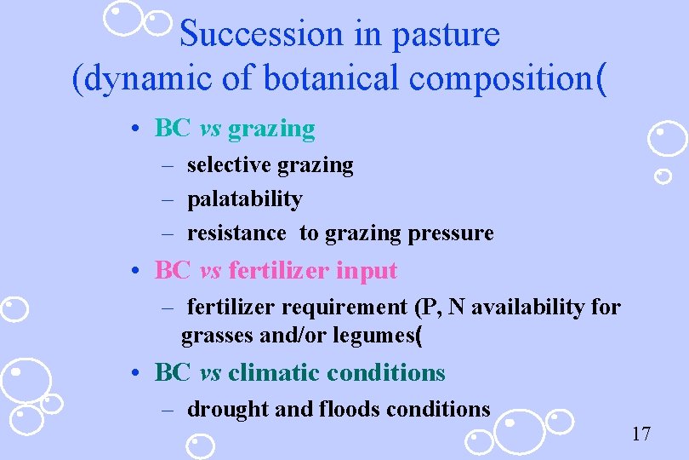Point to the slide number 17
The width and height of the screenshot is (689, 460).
click(x=641, y=434)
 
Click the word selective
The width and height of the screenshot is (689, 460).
click(x=226, y=164)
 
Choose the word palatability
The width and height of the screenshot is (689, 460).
click(x=244, y=199)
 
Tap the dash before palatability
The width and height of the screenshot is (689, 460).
click(x=168, y=199)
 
